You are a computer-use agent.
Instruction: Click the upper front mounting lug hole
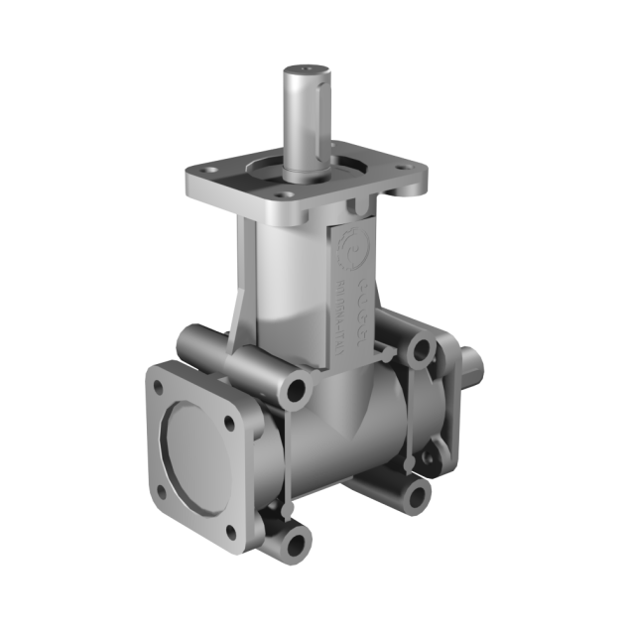(296, 390)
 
